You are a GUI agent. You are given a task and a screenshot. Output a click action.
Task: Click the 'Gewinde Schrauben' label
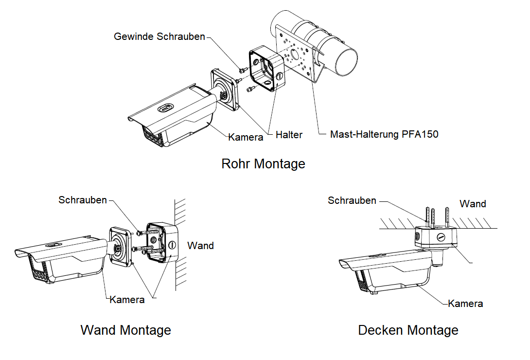coord(159,37)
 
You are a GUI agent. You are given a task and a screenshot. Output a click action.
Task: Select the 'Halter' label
coord(289,135)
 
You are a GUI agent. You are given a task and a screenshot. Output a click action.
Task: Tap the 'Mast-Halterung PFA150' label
coord(384,134)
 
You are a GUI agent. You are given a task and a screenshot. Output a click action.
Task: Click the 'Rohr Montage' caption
coord(263,163)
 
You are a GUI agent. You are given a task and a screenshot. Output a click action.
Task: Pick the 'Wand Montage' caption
coord(125,330)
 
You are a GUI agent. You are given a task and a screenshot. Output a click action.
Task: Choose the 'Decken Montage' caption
coord(408,330)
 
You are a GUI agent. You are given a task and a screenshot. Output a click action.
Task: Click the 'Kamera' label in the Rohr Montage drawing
coord(246,137)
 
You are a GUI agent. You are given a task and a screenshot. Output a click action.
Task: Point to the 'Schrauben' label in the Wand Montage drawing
coord(83,200)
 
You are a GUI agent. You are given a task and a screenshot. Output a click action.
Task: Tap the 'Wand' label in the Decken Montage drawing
coord(473,204)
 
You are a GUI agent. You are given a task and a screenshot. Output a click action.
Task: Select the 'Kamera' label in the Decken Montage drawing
coord(465,304)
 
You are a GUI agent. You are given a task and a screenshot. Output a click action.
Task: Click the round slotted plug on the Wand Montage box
coord(172,245)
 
